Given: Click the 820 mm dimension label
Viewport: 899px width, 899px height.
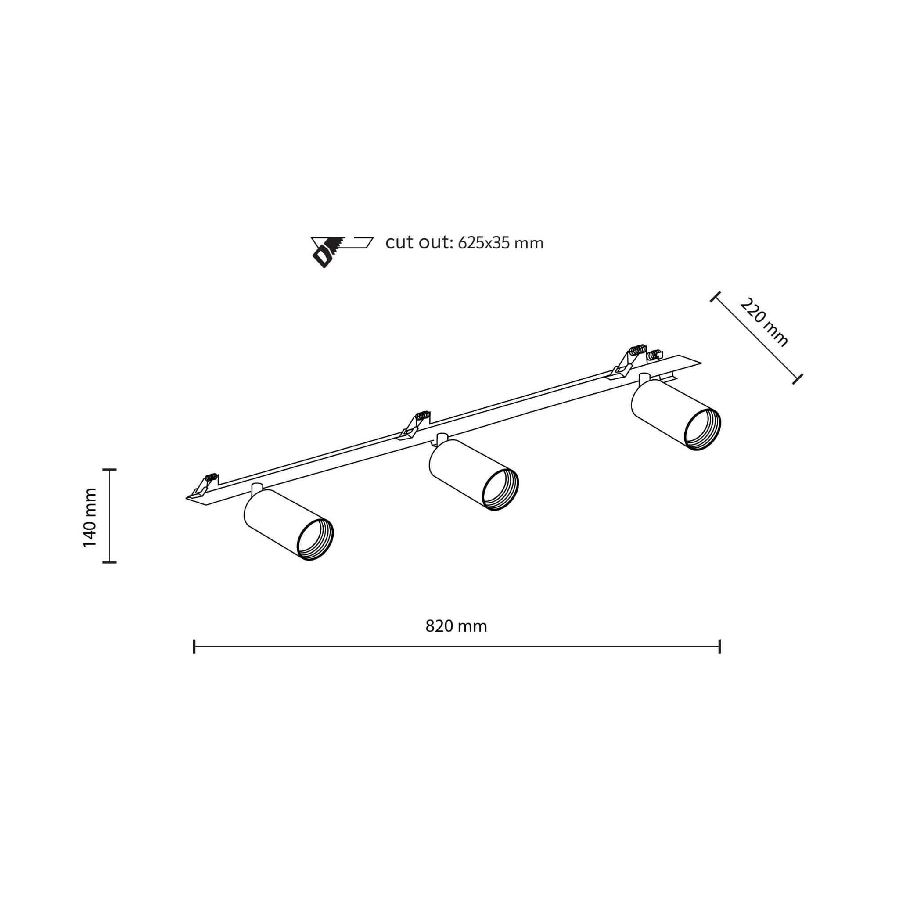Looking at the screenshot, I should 456,626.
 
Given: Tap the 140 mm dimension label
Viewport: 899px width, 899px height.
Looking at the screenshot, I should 90,518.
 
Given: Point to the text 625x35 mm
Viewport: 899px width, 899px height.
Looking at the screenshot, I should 500,243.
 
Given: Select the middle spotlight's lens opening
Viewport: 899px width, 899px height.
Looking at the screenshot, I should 500,491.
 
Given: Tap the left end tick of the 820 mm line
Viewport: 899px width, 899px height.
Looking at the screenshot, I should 194,646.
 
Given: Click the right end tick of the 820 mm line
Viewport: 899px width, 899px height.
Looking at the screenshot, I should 719,646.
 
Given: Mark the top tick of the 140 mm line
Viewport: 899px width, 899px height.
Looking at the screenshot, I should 109,470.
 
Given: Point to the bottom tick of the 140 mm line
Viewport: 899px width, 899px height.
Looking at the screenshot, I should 109,562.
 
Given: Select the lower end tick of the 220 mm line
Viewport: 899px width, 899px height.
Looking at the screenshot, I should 798,379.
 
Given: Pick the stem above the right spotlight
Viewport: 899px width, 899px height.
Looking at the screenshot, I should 644,378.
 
